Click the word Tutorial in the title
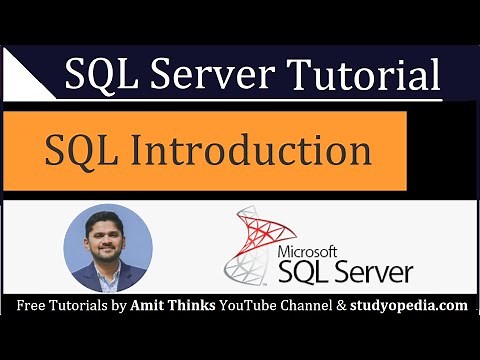pyautogui.click(x=368, y=76)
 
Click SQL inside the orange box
pyautogui.click(x=84, y=151)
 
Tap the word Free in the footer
pyautogui.click(x=31, y=303)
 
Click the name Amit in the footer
pyautogui.click(x=150, y=303)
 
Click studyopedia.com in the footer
pyautogui.click(x=410, y=303)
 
